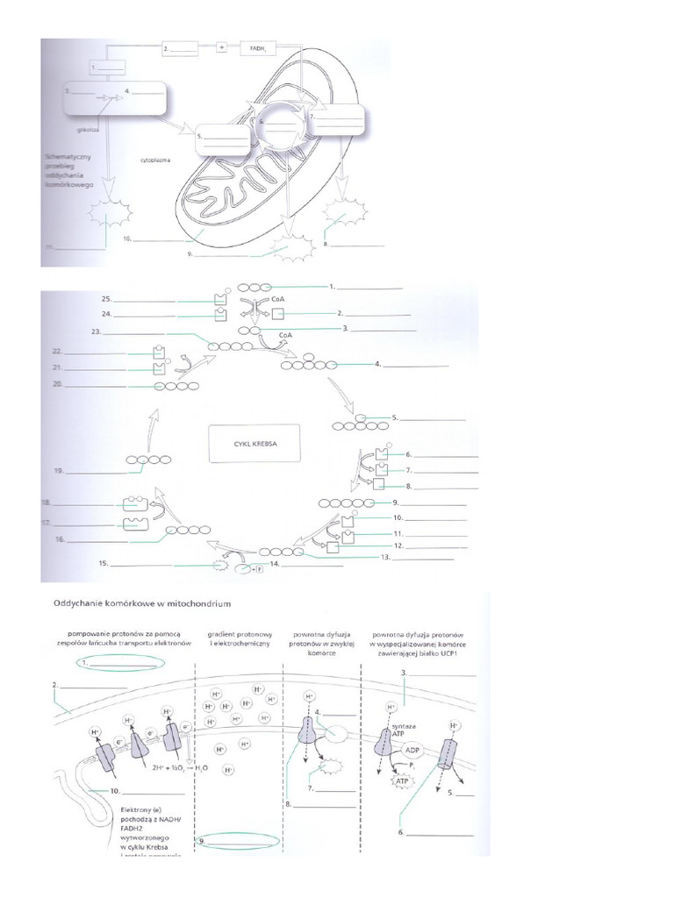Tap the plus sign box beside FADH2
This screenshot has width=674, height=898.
coord(221,50)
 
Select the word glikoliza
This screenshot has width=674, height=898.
coord(88,129)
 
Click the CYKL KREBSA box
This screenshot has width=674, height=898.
coord(254,443)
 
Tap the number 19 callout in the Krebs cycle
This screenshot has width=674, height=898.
coord(60,471)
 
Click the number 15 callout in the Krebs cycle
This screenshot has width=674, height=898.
coord(103,564)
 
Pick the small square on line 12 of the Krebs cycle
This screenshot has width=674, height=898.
coord(333,547)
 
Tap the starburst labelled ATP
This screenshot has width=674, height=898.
coord(401,780)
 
